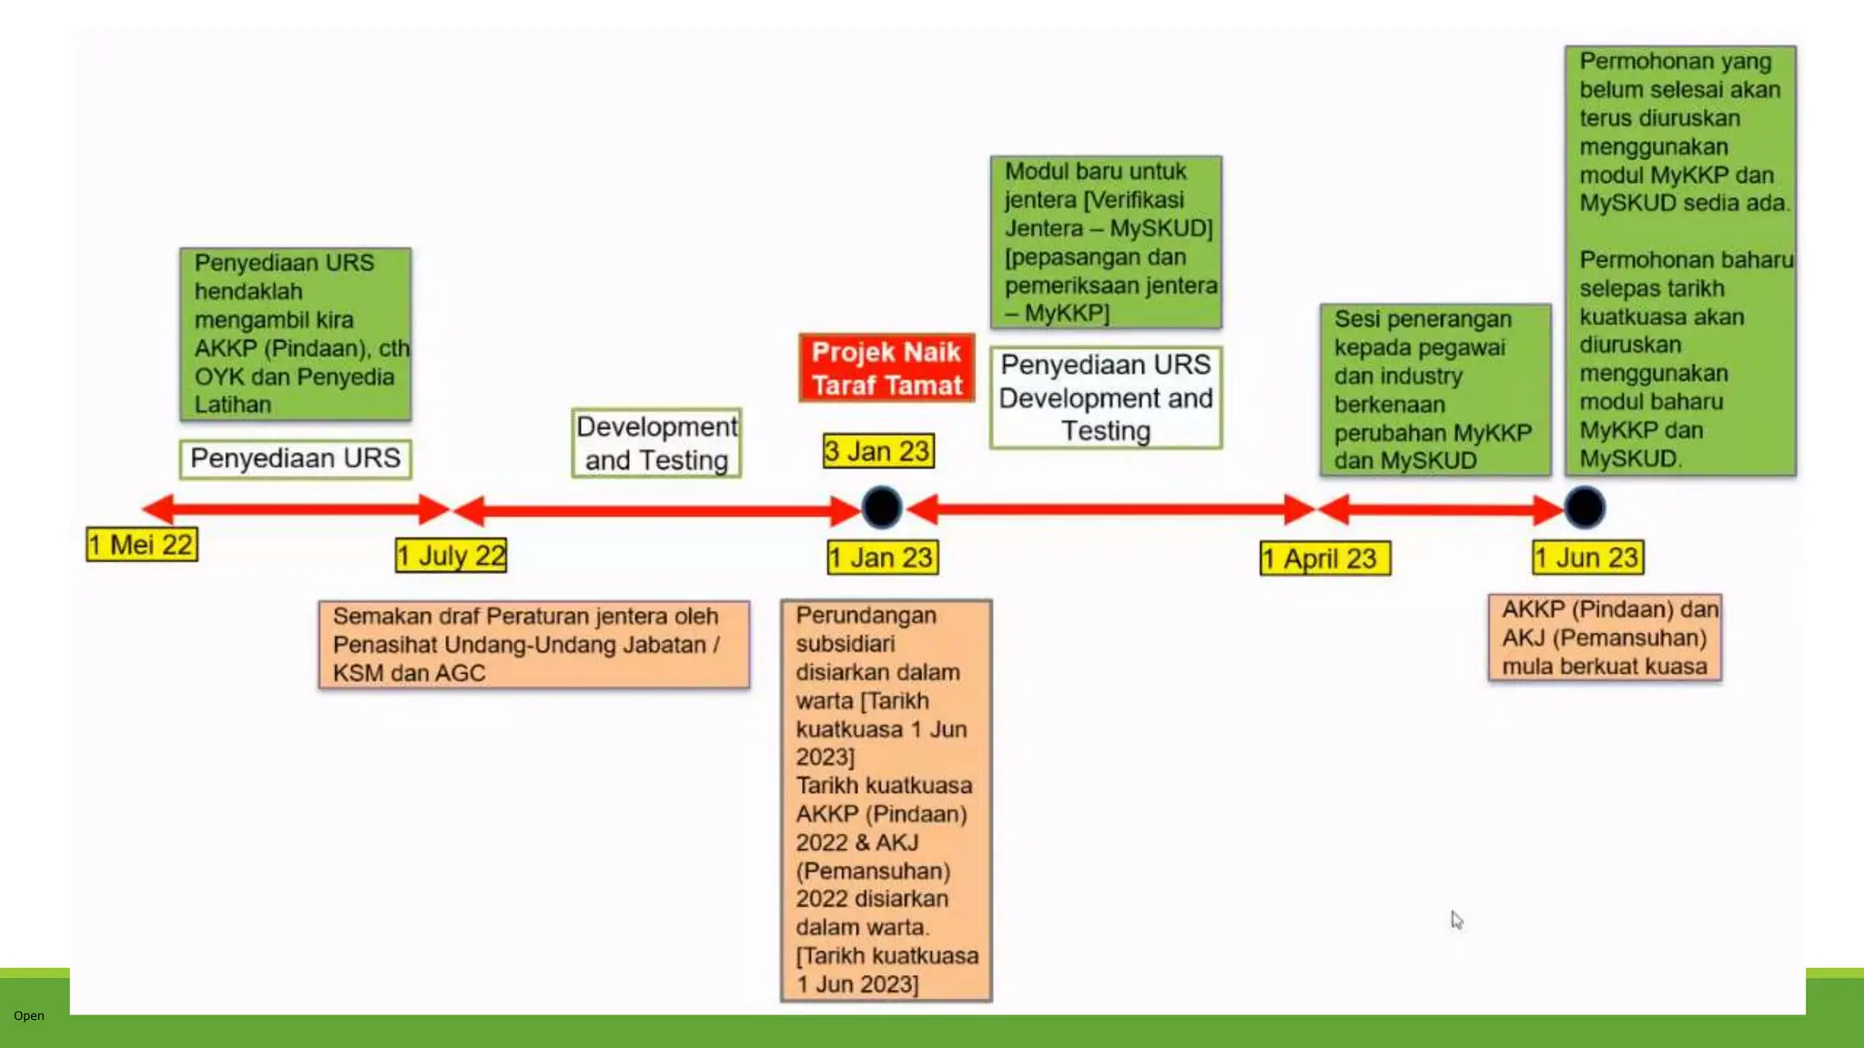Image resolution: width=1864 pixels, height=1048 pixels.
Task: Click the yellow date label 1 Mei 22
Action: click(x=141, y=544)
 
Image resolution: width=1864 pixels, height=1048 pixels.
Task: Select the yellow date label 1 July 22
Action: click(x=451, y=555)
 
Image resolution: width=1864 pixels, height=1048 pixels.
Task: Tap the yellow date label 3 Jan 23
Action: click(x=877, y=450)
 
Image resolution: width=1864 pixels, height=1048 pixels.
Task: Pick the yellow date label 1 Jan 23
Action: click(x=882, y=557)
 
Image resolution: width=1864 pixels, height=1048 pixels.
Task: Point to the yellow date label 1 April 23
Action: click(x=1324, y=558)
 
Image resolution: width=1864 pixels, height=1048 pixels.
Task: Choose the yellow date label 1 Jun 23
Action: click(x=1587, y=557)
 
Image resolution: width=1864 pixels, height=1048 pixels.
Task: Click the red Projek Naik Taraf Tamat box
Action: click(x=886, y=368)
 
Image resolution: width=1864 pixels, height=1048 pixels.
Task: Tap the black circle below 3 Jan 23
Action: click(x=881, y=508)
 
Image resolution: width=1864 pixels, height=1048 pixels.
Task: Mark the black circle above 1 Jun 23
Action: click(x=1585, y=508)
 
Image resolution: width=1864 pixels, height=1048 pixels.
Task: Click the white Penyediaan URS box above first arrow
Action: click(x=295, y=458)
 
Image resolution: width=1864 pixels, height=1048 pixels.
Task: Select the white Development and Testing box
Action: click(x=656, y=443)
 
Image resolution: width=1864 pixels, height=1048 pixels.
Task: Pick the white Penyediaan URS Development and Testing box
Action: click(x=1105, y=398)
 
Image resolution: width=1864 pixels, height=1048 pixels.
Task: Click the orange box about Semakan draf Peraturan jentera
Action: click(x=533, y=644)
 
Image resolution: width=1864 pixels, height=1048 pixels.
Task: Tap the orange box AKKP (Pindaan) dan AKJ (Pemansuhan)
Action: click(x=1604, y=638)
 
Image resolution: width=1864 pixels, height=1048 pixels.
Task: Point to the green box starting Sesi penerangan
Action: click(x=1434, y=389)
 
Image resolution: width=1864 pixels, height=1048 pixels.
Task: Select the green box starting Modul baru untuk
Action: click(x=1105, y=242)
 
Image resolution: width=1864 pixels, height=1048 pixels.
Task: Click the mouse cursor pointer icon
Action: click(x=1456, y=920)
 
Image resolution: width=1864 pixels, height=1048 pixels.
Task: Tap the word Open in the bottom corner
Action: click(x=28, y=1015)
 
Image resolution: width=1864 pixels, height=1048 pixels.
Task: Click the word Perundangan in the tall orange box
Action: click(x=866, y=616)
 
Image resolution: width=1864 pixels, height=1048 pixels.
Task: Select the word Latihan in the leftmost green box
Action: click(x=233, y=405)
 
